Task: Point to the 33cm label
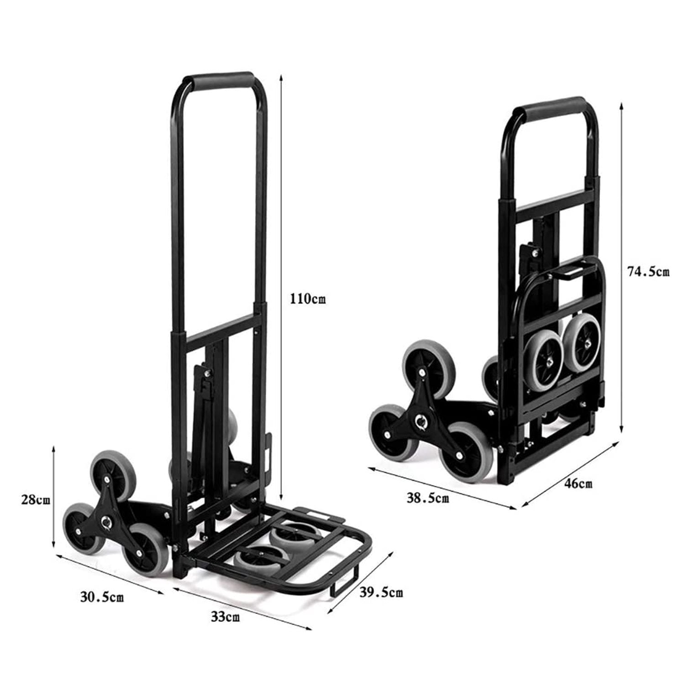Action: coord(225,617)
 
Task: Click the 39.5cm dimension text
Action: coord(381,593)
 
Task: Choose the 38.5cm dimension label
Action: coord(427,498)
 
